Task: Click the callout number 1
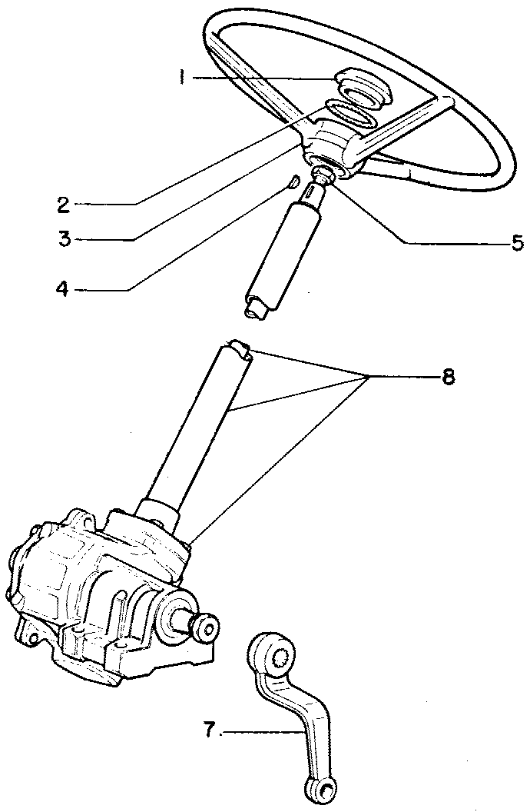point(181,78)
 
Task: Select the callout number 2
point(64,205)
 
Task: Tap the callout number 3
point(65,239)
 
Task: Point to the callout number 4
point(63,290)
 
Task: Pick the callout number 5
point(517,244)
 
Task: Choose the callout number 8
point(448,377)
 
